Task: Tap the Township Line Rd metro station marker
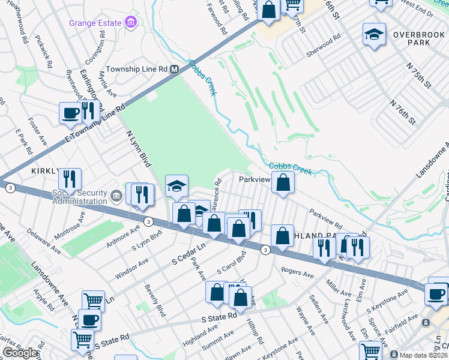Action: tap(175, 69)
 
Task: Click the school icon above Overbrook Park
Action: tap(374, 35)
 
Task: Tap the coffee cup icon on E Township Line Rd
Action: tap(70, 112)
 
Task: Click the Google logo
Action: tap(20, 353)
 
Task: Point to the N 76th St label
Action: tap(402, 111)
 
